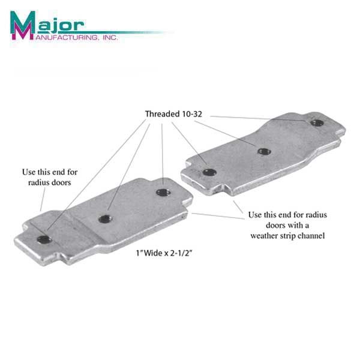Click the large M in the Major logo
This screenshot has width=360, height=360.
pyautogui.click(x=23, y=25)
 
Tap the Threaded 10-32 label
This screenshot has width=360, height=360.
pyautogui.click(x=173, y=113)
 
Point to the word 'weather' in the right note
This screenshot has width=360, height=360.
pyautogui.click(x=266, y=235)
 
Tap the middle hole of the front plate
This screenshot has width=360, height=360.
pyautogui.click(x=105, y=219)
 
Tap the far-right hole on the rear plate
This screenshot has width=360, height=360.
pyautogui.click(x=316, y=123)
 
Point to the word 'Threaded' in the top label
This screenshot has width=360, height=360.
pyautogui.click(x=161, y=113)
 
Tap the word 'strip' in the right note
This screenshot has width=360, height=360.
pyautogui.click(x=293, y=235)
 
